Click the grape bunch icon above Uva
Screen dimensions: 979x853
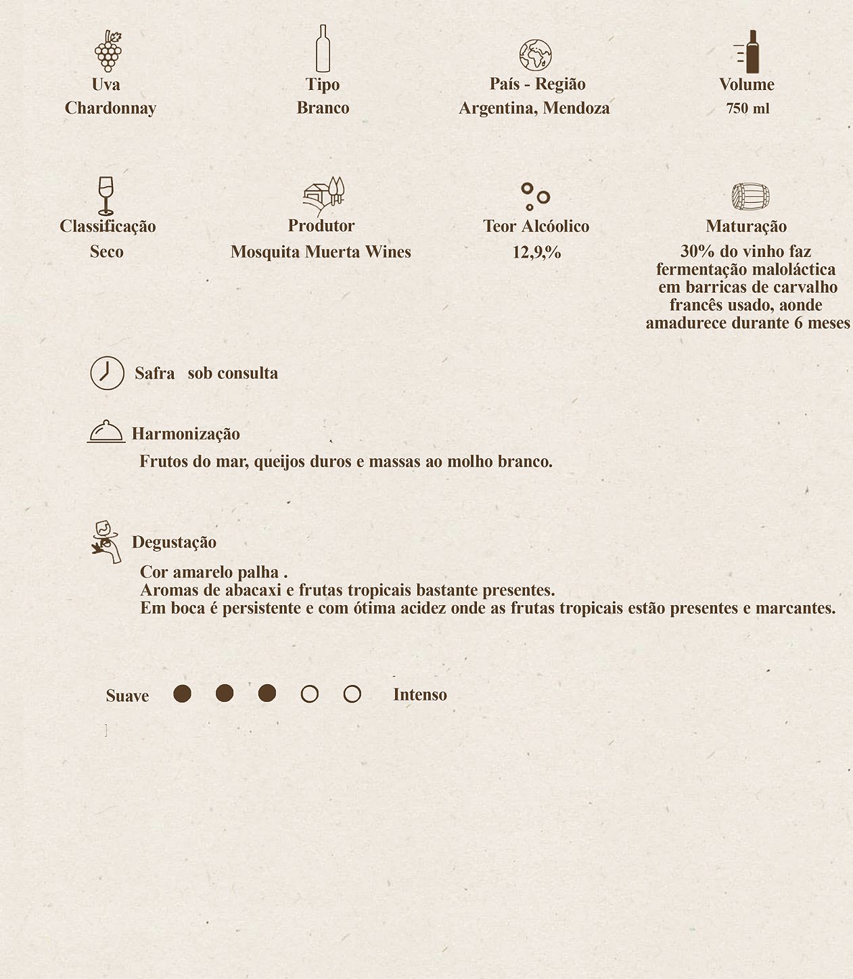coord(108,51)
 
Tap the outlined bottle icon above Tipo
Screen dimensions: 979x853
coord(323,49)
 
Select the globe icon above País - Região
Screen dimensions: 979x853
coord(535,55)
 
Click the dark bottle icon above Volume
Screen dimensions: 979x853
coord(750,52)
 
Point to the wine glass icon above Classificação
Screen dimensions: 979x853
coord(106,195)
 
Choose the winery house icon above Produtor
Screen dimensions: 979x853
coord(323,195)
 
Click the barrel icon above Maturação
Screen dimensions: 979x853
coord(750,197)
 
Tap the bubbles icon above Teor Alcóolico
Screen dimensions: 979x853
coord(534,196)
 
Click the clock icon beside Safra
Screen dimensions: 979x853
coord(108,373)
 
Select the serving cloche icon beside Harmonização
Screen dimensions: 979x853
coord(106,431)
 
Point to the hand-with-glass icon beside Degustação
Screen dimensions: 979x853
coord(106,542)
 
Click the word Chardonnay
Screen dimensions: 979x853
coord(110,108)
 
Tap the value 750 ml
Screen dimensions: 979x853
coord(747,109)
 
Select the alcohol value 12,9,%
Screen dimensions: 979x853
coord(536,252)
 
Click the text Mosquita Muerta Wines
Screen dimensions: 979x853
coord(321,252)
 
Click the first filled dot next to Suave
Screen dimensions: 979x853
coord(182,694)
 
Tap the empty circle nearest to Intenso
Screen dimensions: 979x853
coord(352,694)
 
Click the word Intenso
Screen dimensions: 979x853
coord(419,695)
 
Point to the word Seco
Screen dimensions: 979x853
coord(106,252)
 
